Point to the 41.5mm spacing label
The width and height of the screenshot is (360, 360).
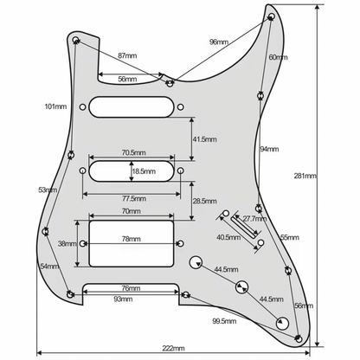205,138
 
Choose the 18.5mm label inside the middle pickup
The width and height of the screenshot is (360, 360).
144,172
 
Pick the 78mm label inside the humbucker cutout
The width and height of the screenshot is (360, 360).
131,239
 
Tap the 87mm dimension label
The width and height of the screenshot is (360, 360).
126,55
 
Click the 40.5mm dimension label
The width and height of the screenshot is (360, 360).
228,236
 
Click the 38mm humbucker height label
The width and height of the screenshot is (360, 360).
66,244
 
